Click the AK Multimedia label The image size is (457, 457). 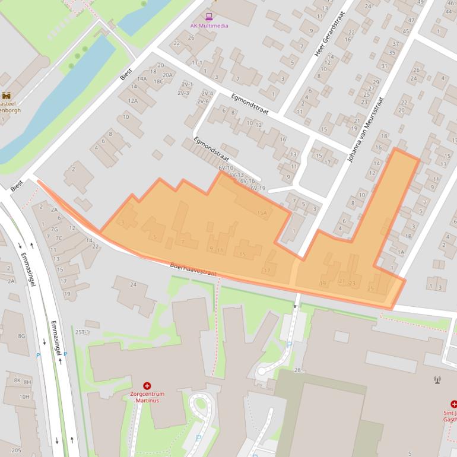coord(209,26)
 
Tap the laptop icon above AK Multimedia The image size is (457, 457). coord(209,17)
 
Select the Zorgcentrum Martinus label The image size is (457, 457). coord(147,396)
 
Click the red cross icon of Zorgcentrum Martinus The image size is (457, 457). coord(147,386)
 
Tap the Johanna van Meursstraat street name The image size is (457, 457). coord(364,131)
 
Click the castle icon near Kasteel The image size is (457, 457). coord(7,95)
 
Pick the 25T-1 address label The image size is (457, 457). coord(82,332)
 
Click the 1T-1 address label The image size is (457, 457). coord(197,62)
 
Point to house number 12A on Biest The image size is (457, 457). coord(132,101)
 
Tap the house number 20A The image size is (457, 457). coord(168,75)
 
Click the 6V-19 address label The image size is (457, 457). coord(258,188)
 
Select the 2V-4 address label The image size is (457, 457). coord(207,93)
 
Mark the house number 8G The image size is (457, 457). coord(21,336)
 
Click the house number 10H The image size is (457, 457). coord(24,396)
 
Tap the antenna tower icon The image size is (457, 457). coord(438,380)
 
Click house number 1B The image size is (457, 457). coord(408,236)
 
